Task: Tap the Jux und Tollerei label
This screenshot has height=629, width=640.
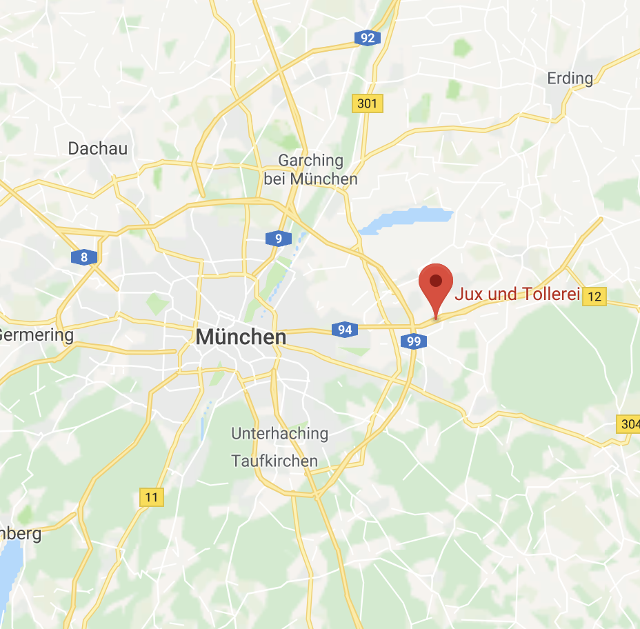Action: click(x=516, y=294)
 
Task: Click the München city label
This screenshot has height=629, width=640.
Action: click(x=241, y=337)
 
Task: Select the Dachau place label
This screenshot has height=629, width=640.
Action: click(x=98, y=148)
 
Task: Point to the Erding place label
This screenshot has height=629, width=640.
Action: click(x=570, y=79)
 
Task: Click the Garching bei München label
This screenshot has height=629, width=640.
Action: click(x=310, y=170)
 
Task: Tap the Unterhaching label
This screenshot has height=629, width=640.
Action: click(x=279, y=434)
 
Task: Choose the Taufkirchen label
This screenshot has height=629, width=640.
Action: click(x=274, y=461)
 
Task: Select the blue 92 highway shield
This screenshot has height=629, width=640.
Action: click(x=368, y=38)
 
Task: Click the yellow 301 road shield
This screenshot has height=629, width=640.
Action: click(x=368, y=104)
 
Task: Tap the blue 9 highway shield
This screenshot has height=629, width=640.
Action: click(x=278, y=239)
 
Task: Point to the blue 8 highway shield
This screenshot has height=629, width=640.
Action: click(x=84, y=258)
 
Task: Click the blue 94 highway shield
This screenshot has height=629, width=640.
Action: click(x=345, y=330)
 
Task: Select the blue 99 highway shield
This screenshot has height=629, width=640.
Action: click(x=414, y=341)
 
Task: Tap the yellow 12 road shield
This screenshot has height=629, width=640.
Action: click(x=594, y=297)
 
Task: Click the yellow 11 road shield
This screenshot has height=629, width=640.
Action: click(x=152, y=497)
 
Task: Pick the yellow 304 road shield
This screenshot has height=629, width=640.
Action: click(x=629, y=424)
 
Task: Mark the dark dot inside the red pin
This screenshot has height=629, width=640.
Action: click(x=436, y=280)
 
